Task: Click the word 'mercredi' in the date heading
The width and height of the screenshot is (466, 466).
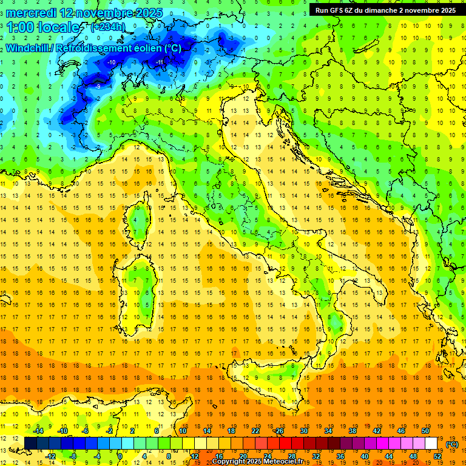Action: [32, 13]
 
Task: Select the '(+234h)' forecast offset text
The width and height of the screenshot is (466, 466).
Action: [107, 27]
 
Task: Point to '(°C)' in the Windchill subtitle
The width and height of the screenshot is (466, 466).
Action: [171, 48]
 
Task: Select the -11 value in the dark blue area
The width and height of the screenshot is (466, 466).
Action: [160, 62]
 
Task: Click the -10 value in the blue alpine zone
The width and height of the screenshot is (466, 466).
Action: [111, 62]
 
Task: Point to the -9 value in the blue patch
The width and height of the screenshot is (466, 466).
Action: [98, 87]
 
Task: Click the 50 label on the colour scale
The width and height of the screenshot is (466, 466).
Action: [425, 430]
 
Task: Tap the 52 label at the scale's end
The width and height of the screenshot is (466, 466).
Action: [438, 456]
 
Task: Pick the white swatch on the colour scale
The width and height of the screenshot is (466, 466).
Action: [431, 443]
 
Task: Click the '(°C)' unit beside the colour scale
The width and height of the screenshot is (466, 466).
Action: [452, 444]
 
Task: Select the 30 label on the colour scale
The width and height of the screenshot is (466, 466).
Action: [303, 430]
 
